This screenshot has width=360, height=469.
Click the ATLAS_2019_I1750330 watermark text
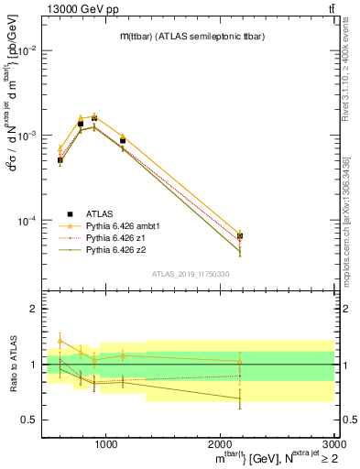(x=190, y=274)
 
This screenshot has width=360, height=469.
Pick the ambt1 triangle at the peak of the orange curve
(x=93, y=115)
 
